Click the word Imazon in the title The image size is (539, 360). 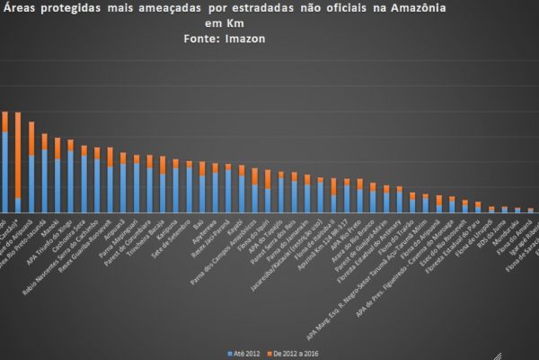click(x=241, y=39)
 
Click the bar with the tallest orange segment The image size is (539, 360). click(x=18, y=161)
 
